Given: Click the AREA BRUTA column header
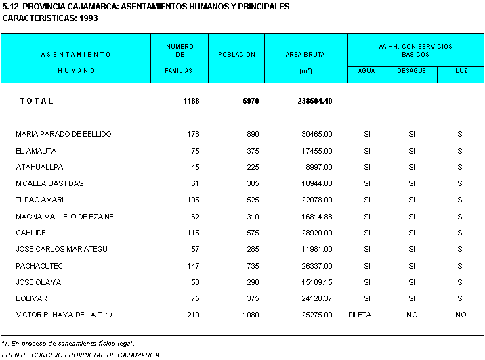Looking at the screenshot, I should pyautogui.click(x=299, y=55).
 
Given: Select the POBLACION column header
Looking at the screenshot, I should pyautogui.click(x=236, y=55).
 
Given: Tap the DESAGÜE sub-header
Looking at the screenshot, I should pyautogui.click(x=411, y=71).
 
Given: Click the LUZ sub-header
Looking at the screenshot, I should pyautogui.click(x=461, y=71).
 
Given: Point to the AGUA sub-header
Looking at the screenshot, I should pyautogui.click(x=366, y=71).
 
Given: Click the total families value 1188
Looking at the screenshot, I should pyautogui.click(x=191, y=102).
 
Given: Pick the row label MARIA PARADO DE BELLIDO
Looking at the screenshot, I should pyautogui.click(x=64, y=135).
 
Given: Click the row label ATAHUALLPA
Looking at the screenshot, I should pyautogui.click(x=39, y=167).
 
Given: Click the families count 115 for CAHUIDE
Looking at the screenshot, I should pyautogui.click(x=192, y=233).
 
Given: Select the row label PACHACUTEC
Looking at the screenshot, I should pyautogui.click(x=39, y=266).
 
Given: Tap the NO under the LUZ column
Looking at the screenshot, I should pyautogui.click(x=461, y=315).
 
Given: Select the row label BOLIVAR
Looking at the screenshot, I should pyautogui.click(x=32, y=298).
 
